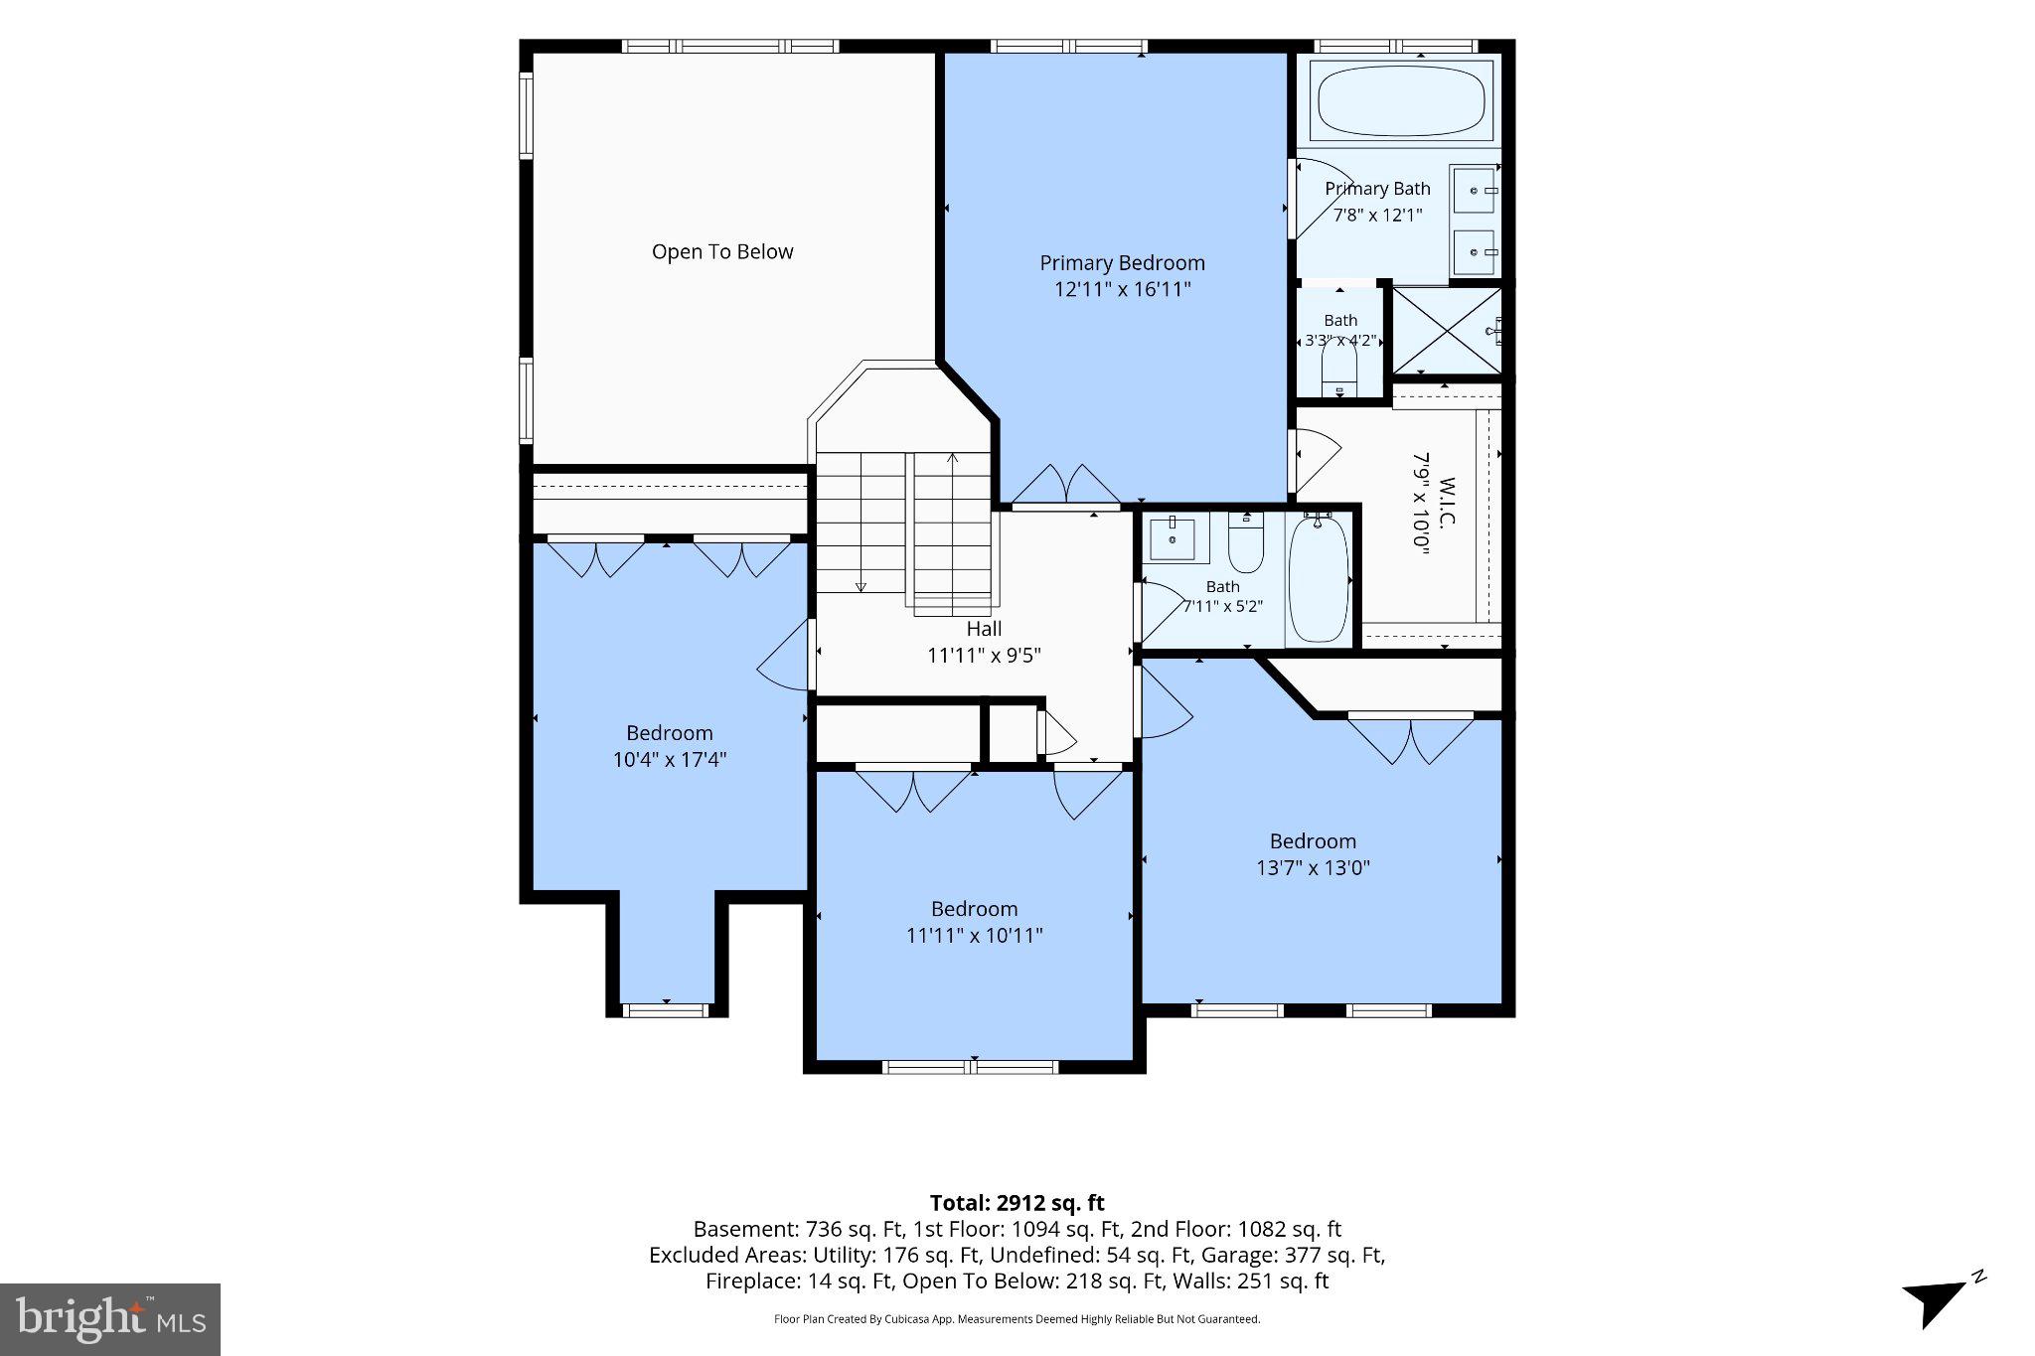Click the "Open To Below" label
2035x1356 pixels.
[722, 252]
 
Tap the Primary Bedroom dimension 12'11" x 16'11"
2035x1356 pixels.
[1122, 290]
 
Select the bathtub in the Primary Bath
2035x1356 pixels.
[1401, 100]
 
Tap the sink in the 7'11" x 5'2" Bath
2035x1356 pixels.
[1173, 538]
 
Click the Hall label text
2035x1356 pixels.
[984, 629]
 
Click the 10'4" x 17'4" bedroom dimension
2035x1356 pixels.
[670, 760]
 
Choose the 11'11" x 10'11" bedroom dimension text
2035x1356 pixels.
[974, 936]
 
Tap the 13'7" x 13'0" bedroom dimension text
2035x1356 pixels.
[1313, 868]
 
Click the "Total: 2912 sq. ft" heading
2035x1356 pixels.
[1017, 1203]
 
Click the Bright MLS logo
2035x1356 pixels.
[110, 1319]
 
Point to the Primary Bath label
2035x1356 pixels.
[1377, 189]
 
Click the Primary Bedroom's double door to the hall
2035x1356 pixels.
[1066, 485]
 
